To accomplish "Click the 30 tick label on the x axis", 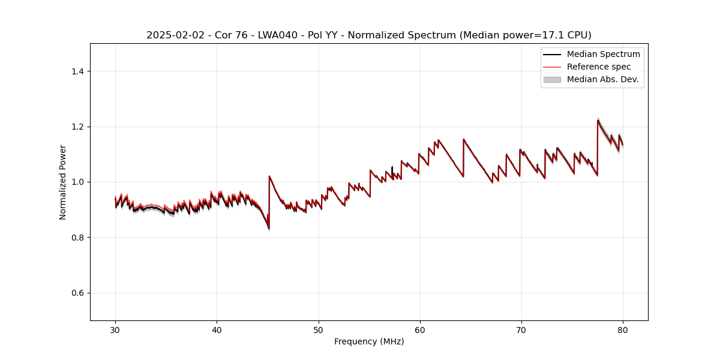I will click(115, 330).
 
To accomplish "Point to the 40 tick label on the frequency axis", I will click(217, 330).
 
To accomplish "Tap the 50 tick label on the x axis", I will click(319, 330).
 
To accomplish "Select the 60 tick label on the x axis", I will click(420, 330).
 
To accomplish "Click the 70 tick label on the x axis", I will click(521, 330).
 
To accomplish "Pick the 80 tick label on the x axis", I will click(623, 330).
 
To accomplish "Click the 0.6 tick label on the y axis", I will click(78, 293).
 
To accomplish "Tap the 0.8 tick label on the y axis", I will click(78, 238).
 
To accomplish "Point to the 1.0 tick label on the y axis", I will click(78, 182).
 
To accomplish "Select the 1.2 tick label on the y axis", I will click(78, 127).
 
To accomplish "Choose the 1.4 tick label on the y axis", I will click(78, 71).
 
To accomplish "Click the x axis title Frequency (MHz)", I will click(369, 341).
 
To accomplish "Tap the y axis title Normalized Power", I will click(63, 182).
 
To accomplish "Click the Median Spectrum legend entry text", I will click(603, 54).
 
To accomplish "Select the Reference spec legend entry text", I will click(598, 67).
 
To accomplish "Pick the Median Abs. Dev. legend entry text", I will click(602, 79).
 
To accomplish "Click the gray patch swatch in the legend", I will click(551, 79).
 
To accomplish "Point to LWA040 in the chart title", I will click(263, 35).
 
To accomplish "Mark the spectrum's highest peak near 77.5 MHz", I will click(598, 121).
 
